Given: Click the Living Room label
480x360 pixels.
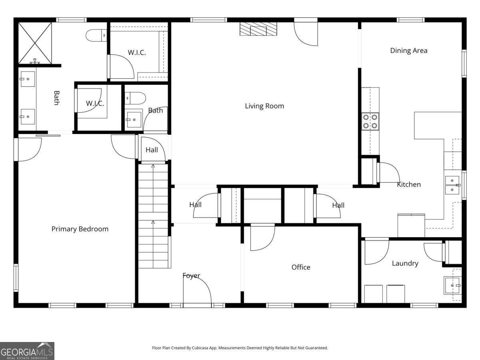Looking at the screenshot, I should [x=264, y=106].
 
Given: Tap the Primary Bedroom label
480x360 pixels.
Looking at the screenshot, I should [x=80, y=229].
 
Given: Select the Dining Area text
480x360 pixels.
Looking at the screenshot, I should [x=408, y=50].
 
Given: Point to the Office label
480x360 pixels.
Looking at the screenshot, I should [x=301, y=267].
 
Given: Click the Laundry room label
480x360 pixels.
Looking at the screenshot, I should [x=405, y=263].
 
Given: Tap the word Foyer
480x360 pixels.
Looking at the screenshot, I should [x=191, y=276].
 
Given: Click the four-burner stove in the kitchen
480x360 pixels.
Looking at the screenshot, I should [x=370, y=121].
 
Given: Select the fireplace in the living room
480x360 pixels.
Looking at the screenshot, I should [x=258, y=29].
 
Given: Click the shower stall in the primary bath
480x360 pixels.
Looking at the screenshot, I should [x=35, y=43].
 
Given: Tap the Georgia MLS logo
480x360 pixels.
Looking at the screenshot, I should [x=27, y=351].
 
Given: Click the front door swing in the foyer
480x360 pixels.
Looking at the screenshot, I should [x=198, y=291].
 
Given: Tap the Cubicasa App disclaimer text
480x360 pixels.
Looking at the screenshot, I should [x=240, y=348].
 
